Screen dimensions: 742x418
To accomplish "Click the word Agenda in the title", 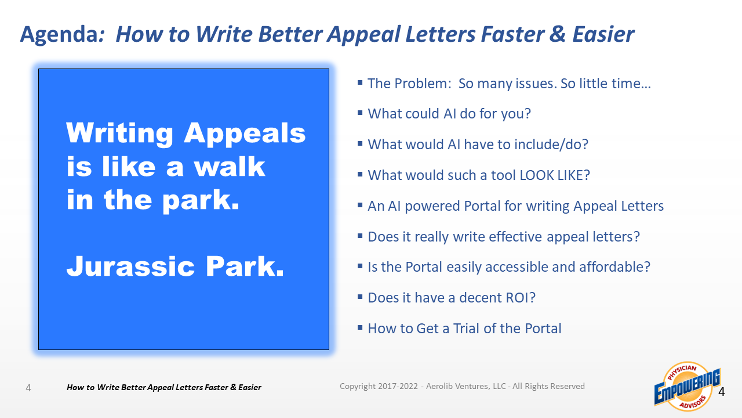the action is pyautogui.click(x=62, y=35).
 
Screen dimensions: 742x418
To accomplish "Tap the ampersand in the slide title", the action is pyautogui.click(x=558, y=34).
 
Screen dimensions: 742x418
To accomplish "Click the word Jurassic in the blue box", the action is pyautogui.click(x=130, y=266).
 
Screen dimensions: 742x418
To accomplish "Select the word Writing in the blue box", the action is pyautogui.click(x=119, y=134).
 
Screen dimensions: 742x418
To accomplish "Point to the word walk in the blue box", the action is pyautogui.click(x=229, y=167).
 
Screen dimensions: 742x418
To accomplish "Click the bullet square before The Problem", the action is pyautogui.click(x=360, y=82).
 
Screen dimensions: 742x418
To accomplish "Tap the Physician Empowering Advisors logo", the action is pyautogui.click(x=687, y=387).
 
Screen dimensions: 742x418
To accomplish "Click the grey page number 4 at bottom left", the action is pyautogui.click(x=28, y=388).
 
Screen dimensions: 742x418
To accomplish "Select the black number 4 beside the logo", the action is pyautogui.click(x=722, y=392).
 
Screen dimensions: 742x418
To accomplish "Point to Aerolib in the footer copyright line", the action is pyautogui.click(x=438, y=386).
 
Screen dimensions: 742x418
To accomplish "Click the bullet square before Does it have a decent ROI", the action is pyautogui.click(x=360, y=297).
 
